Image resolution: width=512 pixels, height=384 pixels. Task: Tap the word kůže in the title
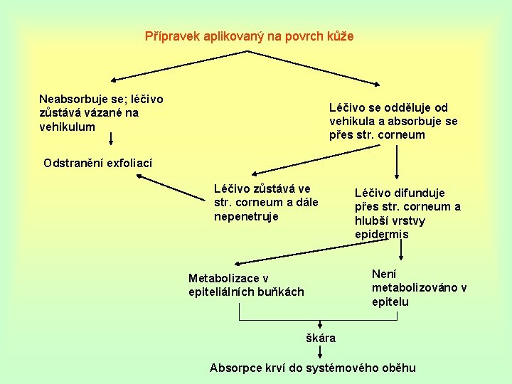coord(341,36)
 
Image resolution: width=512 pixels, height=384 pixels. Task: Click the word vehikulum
coord(67,127)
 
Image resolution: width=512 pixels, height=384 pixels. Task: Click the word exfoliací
coord(129,163)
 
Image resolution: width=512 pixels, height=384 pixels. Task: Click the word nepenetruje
coord(246,216)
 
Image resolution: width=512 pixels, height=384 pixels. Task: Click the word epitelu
coord(390,302)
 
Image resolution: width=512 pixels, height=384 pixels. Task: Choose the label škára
coord(320,338)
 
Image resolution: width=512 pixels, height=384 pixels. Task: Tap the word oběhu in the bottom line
coord(398,368)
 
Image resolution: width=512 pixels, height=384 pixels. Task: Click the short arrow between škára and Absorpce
coord(320,352)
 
